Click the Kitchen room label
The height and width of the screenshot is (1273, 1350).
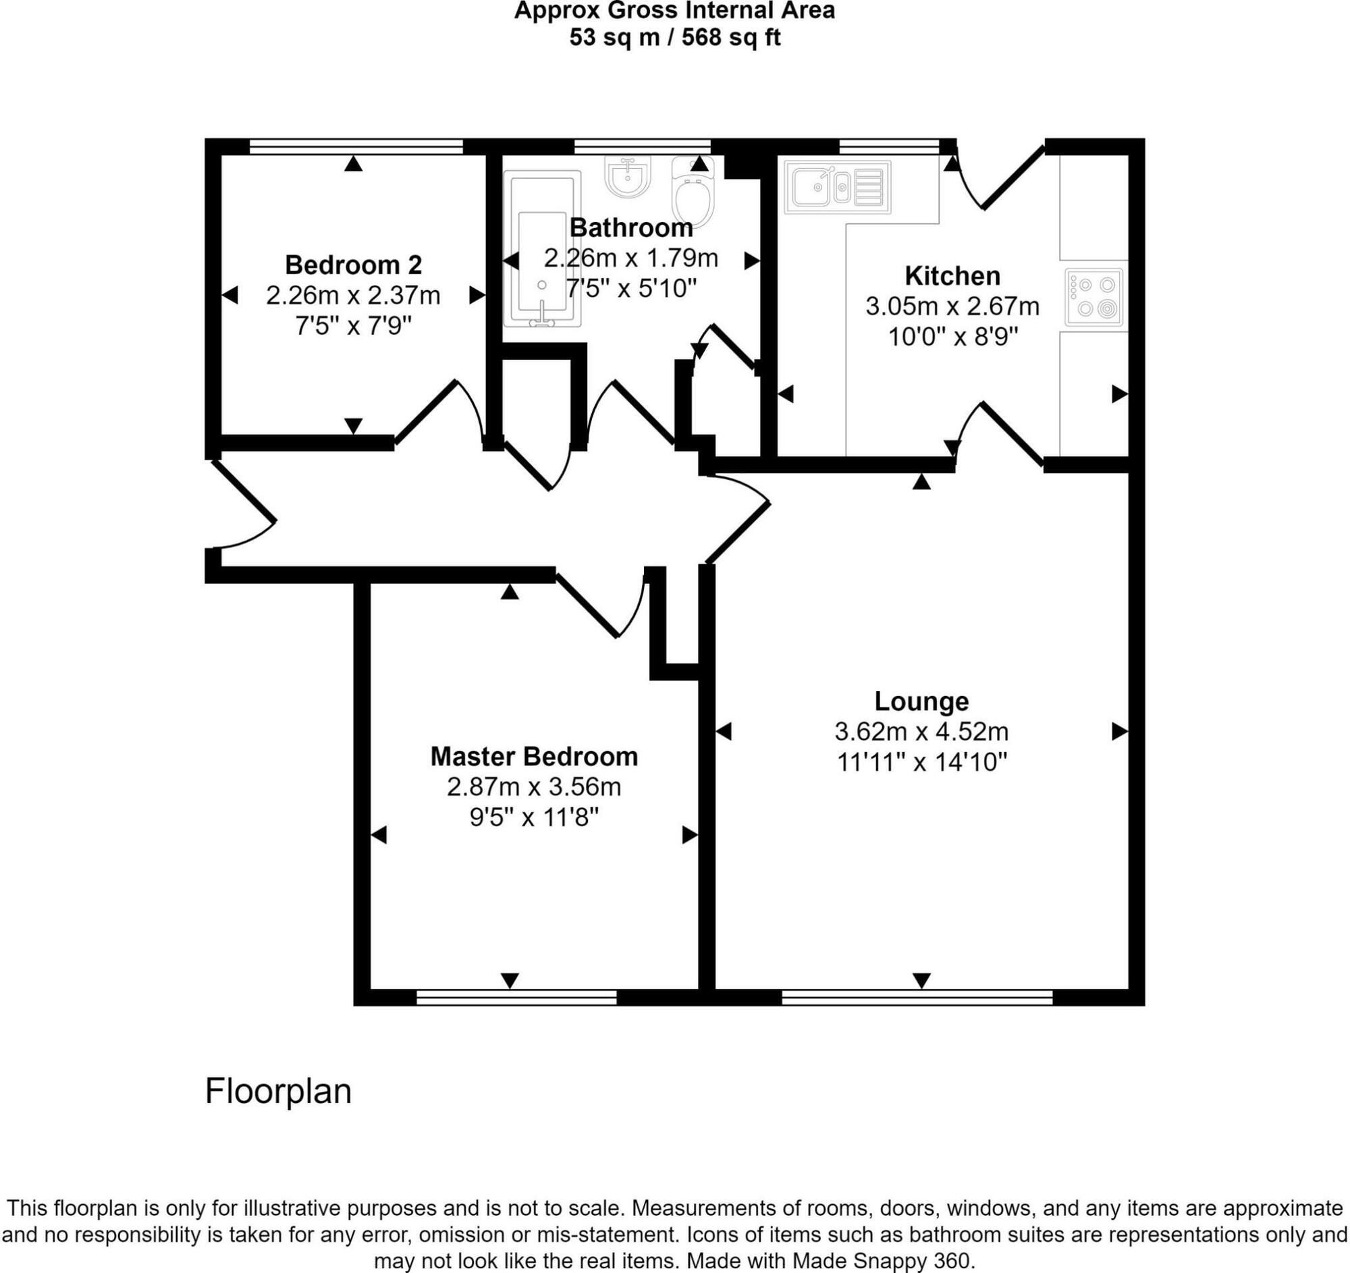point(952,276)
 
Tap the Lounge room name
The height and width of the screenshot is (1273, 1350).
point(921,701)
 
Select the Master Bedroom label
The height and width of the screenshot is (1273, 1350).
point(534,757)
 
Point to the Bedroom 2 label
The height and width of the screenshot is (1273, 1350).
point(353,265)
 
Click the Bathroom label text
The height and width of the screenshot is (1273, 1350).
point(631,228)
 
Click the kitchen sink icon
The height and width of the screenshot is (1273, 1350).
point(836,187)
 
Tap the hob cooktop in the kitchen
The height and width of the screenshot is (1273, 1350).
point(1093,297)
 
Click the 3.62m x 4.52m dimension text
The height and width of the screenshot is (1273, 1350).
point(921,732)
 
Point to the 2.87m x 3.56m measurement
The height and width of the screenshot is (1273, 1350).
point(534,787)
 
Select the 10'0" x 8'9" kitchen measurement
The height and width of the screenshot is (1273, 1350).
point(952,337)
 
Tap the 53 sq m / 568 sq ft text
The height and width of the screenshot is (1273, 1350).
point(674,37)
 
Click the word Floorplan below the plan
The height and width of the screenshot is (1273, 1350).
point(277,1092)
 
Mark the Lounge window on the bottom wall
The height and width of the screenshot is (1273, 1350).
point(917,998)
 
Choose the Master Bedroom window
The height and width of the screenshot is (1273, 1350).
point(516,998)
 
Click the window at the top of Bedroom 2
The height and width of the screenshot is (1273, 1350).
point(356,146)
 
